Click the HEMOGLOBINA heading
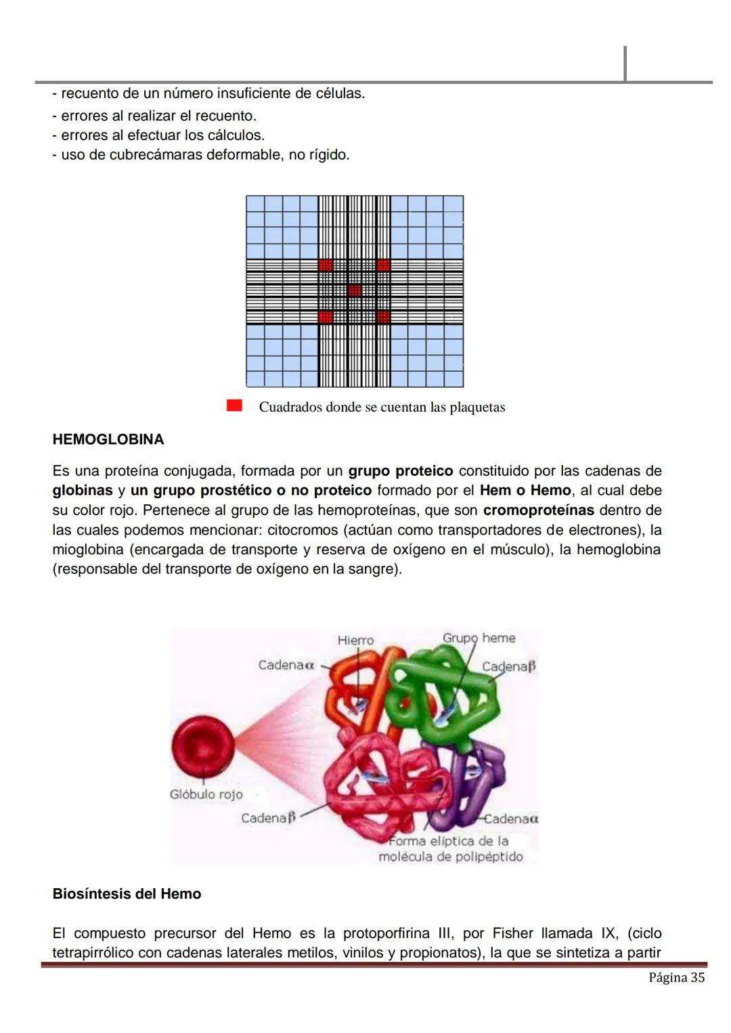pyautogui.click(x=108, y=439)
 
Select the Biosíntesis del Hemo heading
pyautogui.click(x=127, y=894)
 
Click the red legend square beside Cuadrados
pyautogui.click(x=234, y=405)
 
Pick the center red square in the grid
pyautogui.click(x=355, y=290)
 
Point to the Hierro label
pyautogui.click(x=355, y=640)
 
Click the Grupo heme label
pyautogui.click(x=479, y=638)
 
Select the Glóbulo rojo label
pyautogui.click(x=206, y=794)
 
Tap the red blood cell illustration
pyautogui.click(x=202, y=745)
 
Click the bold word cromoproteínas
pyautogui.click(x=538, y=510)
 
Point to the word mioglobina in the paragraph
pyautogui.click(x=87, y=549)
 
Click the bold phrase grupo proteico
pyautogui.click(x=400, y=470)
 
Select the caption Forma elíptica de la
pyautogui.click(x=448, y=841)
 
